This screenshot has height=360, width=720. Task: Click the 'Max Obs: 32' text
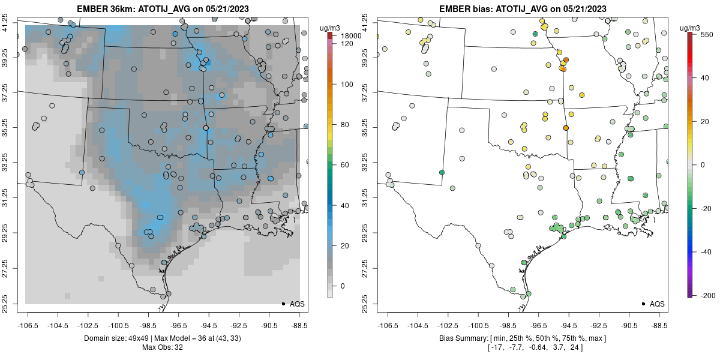(163, 347)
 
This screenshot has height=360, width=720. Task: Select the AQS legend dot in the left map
(283, 304)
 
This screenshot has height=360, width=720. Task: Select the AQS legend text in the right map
(657, 304)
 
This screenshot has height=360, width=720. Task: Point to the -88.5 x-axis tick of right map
(659, 325)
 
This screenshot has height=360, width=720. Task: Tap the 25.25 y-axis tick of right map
(373, 303)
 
